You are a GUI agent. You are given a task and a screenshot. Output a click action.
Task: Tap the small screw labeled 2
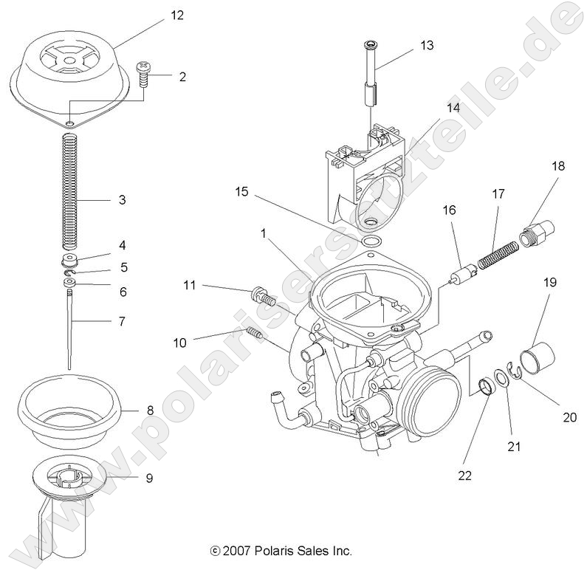pyautogui.click(x=143, y=74)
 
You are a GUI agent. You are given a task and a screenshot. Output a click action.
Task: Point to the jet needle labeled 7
pyautogui.click(x=69, y=325)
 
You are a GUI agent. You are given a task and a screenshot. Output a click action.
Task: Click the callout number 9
pyautogui.click(x=149, y=478)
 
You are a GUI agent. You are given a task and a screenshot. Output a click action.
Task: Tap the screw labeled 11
pyautogui.click(x=263, y=297)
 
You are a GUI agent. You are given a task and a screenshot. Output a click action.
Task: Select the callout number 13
pyautogui.click(x=427, y=45)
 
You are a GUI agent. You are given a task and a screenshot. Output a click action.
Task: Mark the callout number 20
pyautogui.click(x=569, y=417)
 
